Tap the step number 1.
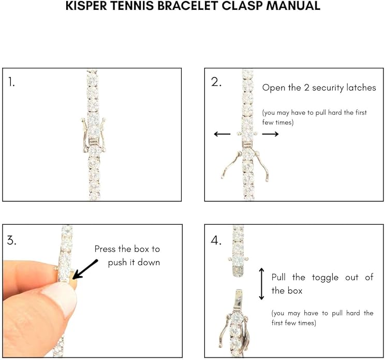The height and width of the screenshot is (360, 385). pyautogui.click(x=12, y=81)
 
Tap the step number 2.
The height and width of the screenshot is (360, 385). pyautogui.click(x=216, y=82)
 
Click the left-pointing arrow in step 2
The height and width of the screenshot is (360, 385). pyautogui.click(x=222, y=134)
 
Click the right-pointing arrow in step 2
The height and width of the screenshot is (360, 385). pyautogui.click(x=270, y=134)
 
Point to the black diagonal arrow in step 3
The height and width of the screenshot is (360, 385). pyautogui.click(x=85, y=267)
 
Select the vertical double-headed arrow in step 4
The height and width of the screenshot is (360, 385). pyautogui.click(x=262, y=284)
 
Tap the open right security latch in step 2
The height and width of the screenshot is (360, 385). pyautogui.click(x=268, y=166)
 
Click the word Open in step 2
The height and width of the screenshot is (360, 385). pyautogui.click(x=273, y=88)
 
